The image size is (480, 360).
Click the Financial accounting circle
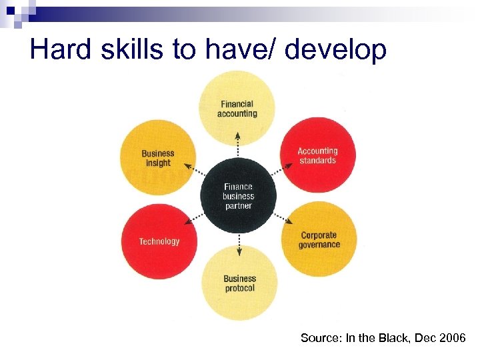pos(237,108)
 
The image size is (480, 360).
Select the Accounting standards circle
pos(317,155)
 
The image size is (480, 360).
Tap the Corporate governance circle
pos(319,239)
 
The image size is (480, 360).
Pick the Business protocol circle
pos(239,283)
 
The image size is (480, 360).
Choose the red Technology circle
pos(159,241)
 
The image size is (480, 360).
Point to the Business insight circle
pos(158,158)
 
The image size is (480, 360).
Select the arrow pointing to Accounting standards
pos(279,171)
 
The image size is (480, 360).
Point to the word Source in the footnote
pos(321,338)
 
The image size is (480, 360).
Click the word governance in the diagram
pos(319,245)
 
